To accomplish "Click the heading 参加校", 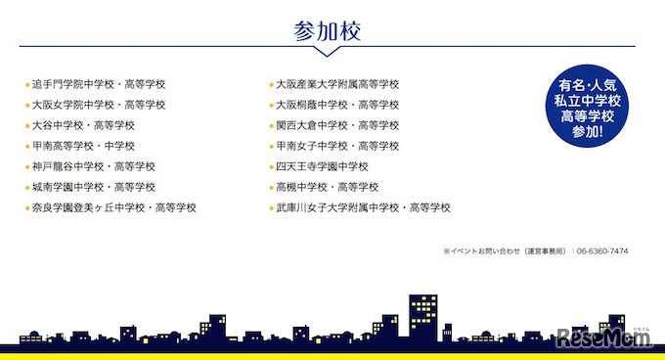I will tap(328, 30).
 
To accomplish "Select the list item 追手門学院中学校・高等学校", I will tap(99, 84).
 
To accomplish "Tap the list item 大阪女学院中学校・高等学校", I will tap(99, 105).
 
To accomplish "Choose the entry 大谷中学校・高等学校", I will tap(83, 125).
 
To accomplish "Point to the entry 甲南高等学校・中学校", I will tap(83, 146).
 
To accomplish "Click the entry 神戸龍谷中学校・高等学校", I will tap(93, 166).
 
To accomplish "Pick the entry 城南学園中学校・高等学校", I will tap(93, 187).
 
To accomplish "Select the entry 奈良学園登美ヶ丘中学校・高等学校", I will tap(114, 207).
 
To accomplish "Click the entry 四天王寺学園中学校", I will tap(322, 166).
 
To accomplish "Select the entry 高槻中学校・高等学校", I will tap(322, 187).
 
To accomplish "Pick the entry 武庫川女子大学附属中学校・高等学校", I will tap(363, 207).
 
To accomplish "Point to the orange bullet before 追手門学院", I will tap(27, 85).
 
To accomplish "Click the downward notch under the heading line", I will tap(328, 51).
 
